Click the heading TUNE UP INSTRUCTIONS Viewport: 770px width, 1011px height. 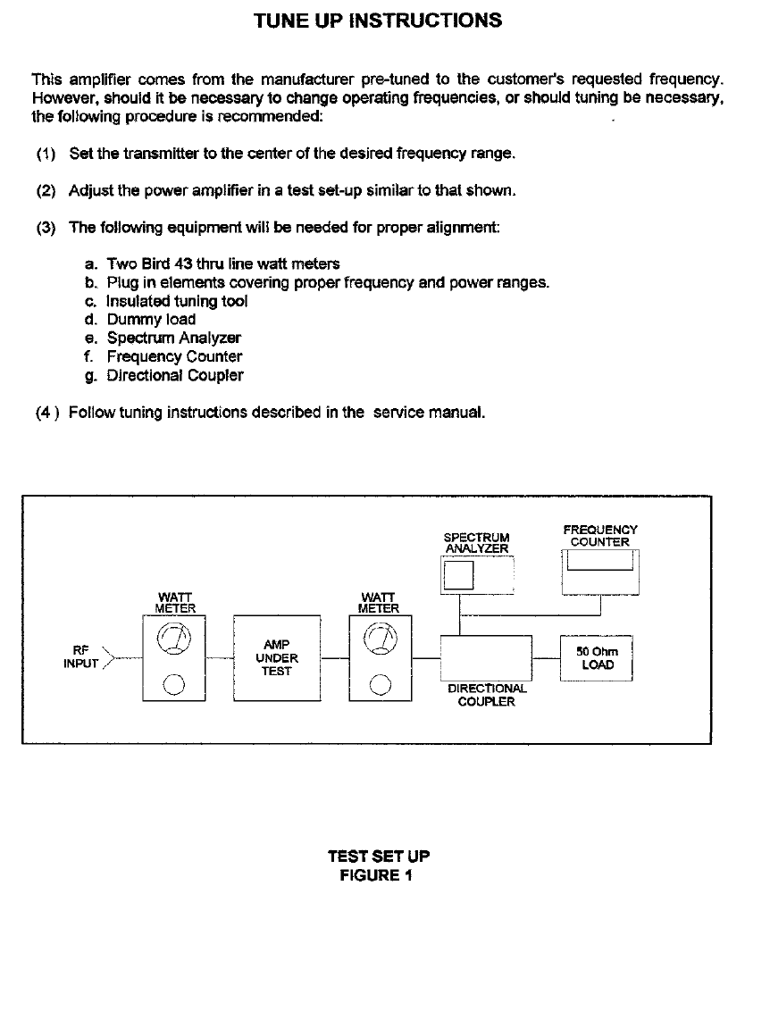pyautogui.click(x=378, y=21)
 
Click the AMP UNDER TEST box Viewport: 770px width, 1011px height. pyautogui.click(x=277, y=657)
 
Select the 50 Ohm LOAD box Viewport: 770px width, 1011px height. pyautogui.click(x=596, y=658)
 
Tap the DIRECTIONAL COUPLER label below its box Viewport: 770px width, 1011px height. pyautogui.click(x=486, y=695)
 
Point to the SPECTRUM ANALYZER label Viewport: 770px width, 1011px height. pyautogui.click(x=476, y=543)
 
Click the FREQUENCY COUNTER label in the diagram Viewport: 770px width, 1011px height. pyautogui.click(x=600, y=536)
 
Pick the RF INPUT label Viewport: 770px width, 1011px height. pyautogui.click(x=80, y=657)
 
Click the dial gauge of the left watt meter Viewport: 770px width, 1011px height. pyautogui.click(x=174, y=639)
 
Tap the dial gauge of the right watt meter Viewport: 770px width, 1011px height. pyautogui.click(x=381, y=639)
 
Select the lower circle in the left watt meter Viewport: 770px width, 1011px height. pyautogui.click(x=174, y=685)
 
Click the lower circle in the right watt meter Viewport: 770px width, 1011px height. pyautogui.click(x=381, y=685)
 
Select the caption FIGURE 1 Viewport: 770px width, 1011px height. pyautogui.click(x=376, y=875)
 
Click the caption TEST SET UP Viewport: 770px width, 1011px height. pyautogui.click(x=378, y=856)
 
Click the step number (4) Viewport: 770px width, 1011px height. pyautogui.click(x=46, y=413)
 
